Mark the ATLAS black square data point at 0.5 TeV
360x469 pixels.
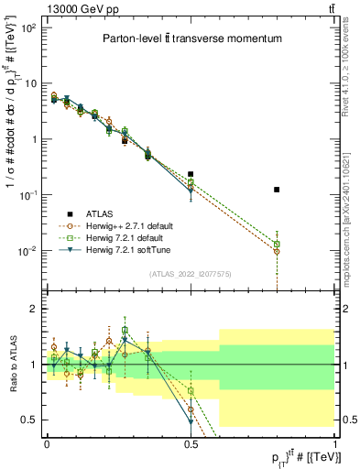click(191, 173)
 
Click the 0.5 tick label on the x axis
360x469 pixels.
click(191, 443)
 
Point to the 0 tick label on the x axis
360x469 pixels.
click(47, 443)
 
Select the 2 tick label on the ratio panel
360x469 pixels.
click(33, 309)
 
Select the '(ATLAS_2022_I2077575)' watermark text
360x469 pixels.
click(191, 274)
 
